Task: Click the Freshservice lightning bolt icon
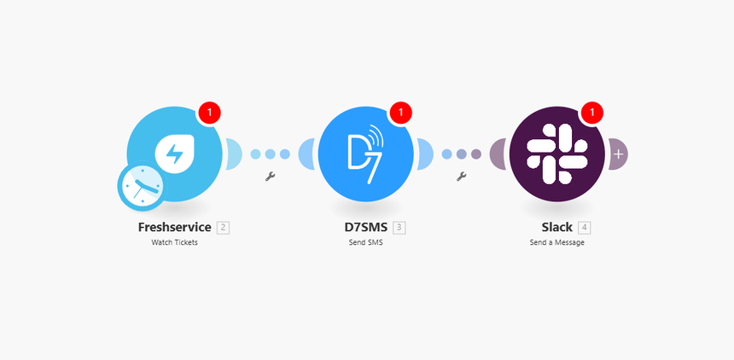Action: [x=174, y=154]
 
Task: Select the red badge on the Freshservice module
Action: [x=210, y=112]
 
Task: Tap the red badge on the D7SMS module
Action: [x=401, y=112]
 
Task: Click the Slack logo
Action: [x=556, y=154]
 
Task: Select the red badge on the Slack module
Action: [x=592, y=112]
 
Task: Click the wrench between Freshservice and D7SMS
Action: [x=271, y=177]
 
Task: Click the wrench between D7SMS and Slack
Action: [x=462, y=177]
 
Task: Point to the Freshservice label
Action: [x=174, y=228]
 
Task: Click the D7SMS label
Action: [x=361, y=228]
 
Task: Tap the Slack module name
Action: [x=556, y=228]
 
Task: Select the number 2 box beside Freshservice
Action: [x=223, y=228]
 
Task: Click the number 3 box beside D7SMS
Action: [x=399, y=228]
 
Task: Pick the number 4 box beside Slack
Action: [x=584, y=228]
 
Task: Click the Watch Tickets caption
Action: [x=174, y=242]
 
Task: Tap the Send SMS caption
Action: [x=365, y=242]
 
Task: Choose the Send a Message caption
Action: [x=556, y=242]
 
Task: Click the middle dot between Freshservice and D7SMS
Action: [x=271, y=154]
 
